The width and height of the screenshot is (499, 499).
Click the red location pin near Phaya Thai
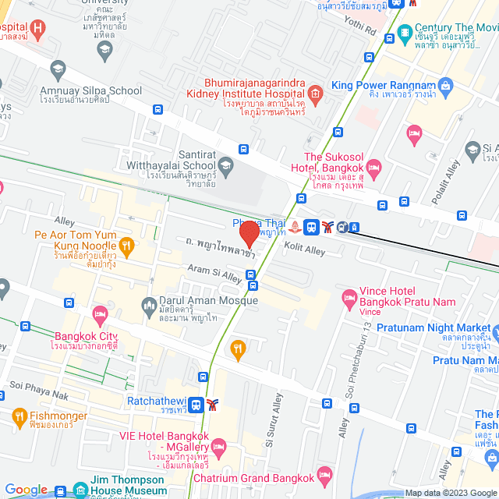click(249, 234)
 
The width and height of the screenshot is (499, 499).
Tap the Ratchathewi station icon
click(196, 404)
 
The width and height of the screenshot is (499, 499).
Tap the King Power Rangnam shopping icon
click(445, 85)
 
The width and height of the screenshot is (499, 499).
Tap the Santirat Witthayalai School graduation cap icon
click(225, 165)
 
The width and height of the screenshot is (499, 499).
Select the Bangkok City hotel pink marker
click(99, 314)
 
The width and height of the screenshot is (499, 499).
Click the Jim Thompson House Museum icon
click(81, 490)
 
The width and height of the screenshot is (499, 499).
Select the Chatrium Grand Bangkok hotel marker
click(325, 476)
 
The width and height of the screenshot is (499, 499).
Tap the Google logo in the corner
click(26, 490)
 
